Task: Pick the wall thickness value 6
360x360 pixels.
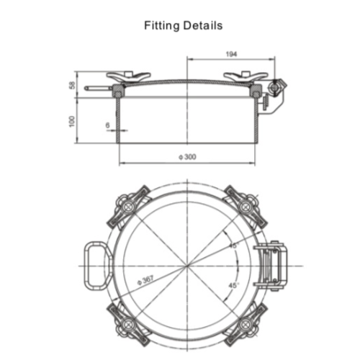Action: (107, 125)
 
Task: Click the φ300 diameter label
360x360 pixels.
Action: (189, 158)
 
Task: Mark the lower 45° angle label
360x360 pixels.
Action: (233, 285)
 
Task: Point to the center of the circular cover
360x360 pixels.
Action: (187, 264)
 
